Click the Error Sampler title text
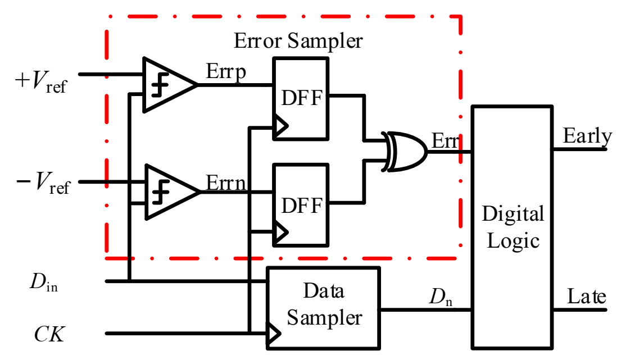click(298, 41)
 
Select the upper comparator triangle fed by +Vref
click(166, 85)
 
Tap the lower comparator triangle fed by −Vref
click(167, 192)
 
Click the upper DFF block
click(301, 98)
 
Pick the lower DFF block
click(301, 205)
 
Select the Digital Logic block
click(512, 227)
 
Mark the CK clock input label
click(49, 335)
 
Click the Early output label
click(587, 137)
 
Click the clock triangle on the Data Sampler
click(274, 334)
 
